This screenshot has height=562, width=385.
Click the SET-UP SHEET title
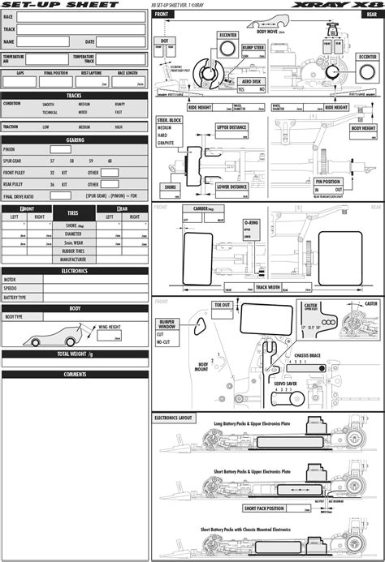[49, 5]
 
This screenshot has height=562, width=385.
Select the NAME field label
[9, 41]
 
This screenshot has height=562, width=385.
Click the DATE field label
[90, 41]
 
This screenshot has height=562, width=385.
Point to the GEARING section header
[75, 139]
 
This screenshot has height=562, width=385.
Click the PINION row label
[9, 150]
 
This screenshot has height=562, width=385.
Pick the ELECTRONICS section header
[75, 271]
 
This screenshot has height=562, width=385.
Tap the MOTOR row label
[11, 280]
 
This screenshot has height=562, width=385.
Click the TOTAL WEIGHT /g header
[75, 354]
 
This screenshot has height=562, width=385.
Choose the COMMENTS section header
[75, 374]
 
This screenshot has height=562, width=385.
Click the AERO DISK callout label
[250, 82]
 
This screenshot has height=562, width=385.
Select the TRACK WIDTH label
[268, 286]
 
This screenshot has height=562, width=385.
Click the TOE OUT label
[223, 305]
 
